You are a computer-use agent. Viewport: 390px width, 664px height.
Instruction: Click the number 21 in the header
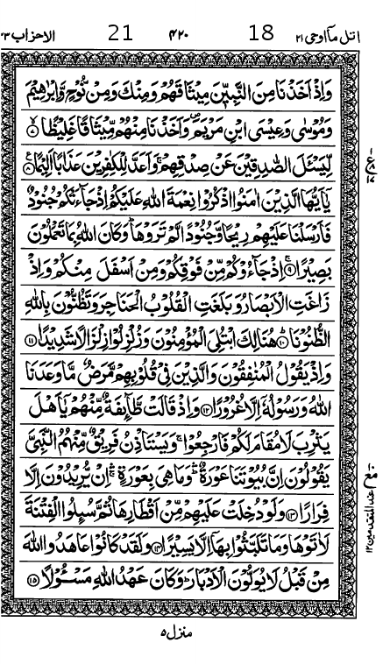pos(120,34)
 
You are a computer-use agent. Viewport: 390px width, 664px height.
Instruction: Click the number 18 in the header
pos(261,34)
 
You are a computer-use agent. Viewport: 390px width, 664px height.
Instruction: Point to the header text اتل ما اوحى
pos(327,36)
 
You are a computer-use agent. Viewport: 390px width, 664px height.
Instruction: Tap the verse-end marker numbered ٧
pos(35,133)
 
